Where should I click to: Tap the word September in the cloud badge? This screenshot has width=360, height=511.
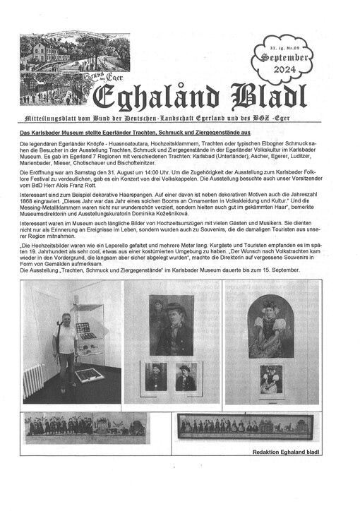click(x=284, y=56)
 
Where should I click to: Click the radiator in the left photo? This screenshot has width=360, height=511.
click(x=32, y=383)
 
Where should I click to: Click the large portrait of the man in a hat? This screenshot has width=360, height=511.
click(x=171, y=325)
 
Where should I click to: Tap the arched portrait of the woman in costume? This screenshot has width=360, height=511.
click(x=271, y=329)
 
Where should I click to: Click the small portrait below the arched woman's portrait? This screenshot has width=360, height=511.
click(x=271, y=378)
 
